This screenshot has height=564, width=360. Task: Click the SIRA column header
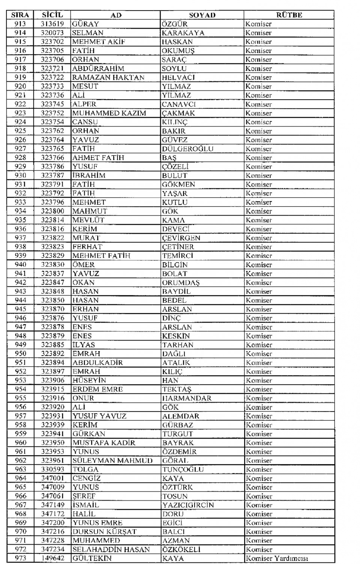tap(20, 15)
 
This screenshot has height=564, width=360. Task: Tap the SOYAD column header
tap(202, 15)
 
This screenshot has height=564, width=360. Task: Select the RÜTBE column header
tap(289, 15)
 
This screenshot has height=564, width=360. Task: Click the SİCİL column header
tap(52, 15)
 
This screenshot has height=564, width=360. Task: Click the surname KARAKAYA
tap(183, 33)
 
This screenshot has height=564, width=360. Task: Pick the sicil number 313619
tap(52, 24)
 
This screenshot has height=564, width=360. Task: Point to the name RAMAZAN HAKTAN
tap(108, 78)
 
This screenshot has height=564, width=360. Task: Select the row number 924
tap(20, 122)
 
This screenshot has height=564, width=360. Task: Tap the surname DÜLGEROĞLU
tap(187, 149)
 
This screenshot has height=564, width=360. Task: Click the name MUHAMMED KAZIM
tap(109, 113)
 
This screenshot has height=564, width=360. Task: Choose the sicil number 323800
tap(52, 211)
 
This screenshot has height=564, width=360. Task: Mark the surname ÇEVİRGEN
tap(181, 238)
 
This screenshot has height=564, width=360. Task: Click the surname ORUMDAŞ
tap(181, 283)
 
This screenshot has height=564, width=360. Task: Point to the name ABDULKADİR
tap(97, 363)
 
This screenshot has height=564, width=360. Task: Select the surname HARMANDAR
tap(187, 398)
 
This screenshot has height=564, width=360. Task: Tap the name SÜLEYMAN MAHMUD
tap(112, 461)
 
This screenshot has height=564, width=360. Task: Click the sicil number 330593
tap(52, 470)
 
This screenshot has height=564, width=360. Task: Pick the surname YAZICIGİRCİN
tap(188, 505)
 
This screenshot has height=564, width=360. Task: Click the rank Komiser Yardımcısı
tap(277, 558)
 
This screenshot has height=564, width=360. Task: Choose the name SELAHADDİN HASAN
tap(111, 550)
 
